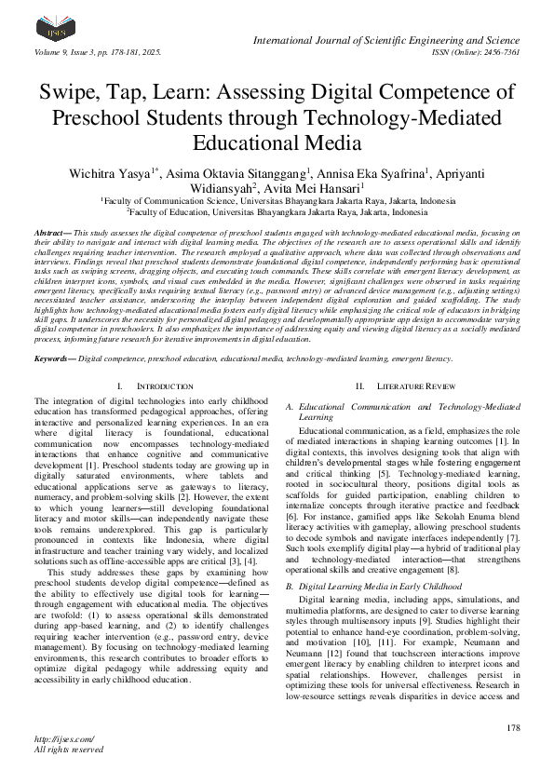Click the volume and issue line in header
[97, 51]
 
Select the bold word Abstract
[54, 230]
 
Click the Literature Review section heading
[399, 385]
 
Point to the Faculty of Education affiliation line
[277, 211]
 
